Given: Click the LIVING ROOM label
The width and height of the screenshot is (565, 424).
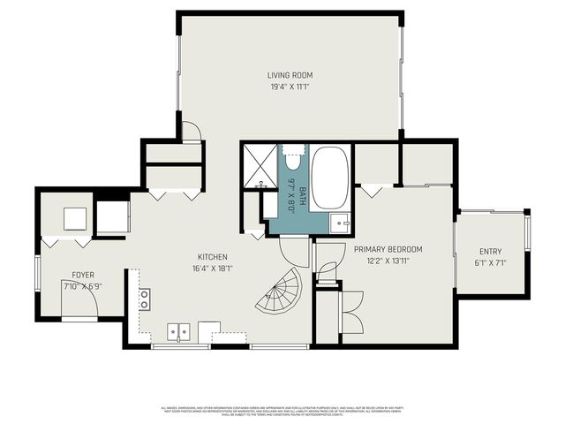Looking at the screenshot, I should pos(290,75).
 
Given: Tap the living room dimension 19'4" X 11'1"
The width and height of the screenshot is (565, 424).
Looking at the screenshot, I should pos(290,87).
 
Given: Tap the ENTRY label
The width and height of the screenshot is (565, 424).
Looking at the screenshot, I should pos(491,251).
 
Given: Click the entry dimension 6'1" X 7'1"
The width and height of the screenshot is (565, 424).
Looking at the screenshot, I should pos(491,262).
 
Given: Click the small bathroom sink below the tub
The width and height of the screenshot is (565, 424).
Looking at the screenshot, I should pos(339,222).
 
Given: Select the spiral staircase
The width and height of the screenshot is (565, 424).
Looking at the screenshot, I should pos(281,291).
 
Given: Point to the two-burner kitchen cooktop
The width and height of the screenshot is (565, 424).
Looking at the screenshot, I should pos(143,299).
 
